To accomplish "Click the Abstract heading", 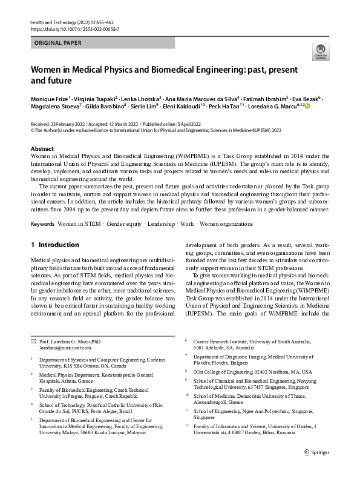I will (42, 148).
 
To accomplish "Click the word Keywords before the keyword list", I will (42, 224).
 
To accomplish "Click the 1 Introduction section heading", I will (54, 245).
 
